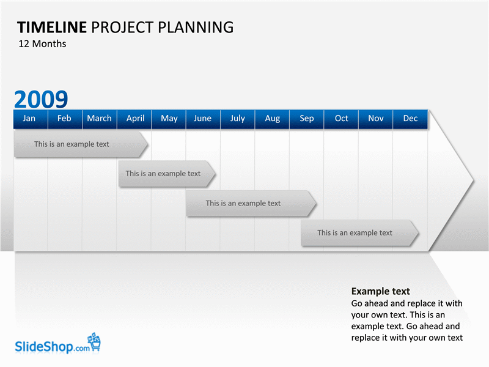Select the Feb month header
click(x=65, y=119)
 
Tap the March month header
click(x=100, y=119)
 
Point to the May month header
click(x=169, y=119)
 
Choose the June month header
click(x=203, y=119)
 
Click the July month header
click(x=238, y=119)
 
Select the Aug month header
click(x=272, y=119)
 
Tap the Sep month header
click(x=307, y=119)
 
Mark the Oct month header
click(x=341, y=119)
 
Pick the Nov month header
click(x=376, y=119)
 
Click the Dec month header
click(x=410, y=119)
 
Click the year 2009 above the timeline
click(x=41, y=99)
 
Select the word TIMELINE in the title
click(x=52, y=28)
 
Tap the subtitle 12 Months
click(x=42, y=43)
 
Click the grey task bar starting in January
click(x=81, y=144)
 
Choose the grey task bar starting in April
click(x=167, y=174)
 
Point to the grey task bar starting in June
click(x=251, y=204)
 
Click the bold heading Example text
click(x=380, y=291)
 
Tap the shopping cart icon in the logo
click(x=94, y=342)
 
